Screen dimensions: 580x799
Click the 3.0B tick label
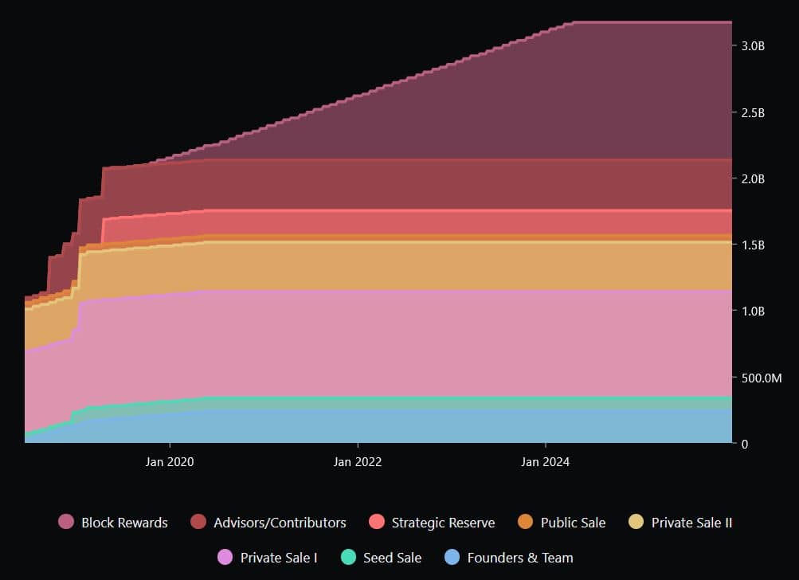753,46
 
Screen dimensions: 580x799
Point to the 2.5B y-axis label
753,112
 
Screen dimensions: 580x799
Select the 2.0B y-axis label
753,178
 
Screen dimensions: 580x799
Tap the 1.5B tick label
753,245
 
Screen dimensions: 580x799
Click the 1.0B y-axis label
753,311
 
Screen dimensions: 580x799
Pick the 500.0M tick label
761,377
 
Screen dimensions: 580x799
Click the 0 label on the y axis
744,443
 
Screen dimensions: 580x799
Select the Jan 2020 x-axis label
170,461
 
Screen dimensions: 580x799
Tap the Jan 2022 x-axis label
358,461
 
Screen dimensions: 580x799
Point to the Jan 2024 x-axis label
546,461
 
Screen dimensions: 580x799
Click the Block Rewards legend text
124,523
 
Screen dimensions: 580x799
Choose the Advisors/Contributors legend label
280,523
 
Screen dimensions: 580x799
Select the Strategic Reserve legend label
443,523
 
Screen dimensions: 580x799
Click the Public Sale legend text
573,523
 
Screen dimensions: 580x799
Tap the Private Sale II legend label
691,523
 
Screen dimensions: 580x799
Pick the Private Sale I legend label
279,558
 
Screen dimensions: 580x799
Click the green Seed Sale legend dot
348,558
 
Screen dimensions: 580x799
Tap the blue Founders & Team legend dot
452,558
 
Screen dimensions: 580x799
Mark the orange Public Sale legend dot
525,523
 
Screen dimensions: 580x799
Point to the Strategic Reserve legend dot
377,523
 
